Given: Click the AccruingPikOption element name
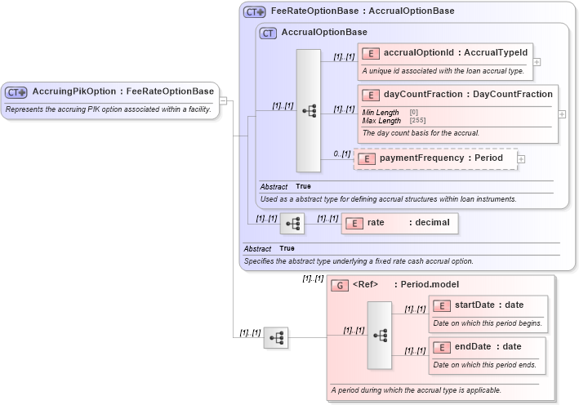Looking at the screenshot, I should pyautogui.click(x=122, y=91).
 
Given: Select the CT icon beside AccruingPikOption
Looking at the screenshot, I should pyautogui.click(x=17, y=92).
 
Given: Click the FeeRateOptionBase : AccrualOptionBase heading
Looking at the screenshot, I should pyautogui.click(x=363, y=11).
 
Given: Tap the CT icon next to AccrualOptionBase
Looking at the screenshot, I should pyautogui.click(x=268, y=33).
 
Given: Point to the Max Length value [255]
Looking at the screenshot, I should pyautogui.click(x=414, y=120).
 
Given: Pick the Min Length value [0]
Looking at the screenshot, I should pyautogui.click(x=413, y=112).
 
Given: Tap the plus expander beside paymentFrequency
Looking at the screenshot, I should pyautogui.click(x=521, y=158).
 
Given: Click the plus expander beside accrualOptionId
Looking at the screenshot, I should pyautogui.click(x=537, y=61).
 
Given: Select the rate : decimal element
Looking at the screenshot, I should pyautogui.click(x=399, y=223).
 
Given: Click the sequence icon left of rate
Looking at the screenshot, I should pyautogui.click(x=292, y=223).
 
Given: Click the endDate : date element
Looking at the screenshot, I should pyautogui.click(x=488, y=346).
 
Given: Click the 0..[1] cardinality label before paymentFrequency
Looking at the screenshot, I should pyautogui.click(x=341, y=154).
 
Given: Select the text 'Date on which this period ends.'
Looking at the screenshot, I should pyautogui.click(x=487, y=364).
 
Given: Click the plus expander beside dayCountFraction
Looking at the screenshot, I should pyautogui.click(x=562, y=114).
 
